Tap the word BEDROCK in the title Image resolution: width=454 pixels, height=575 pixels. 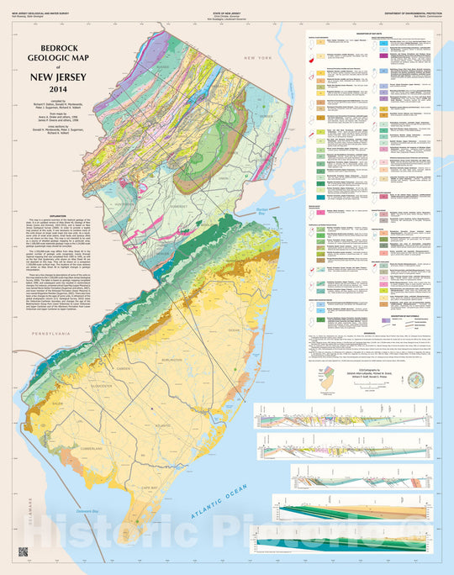[59, 50]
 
